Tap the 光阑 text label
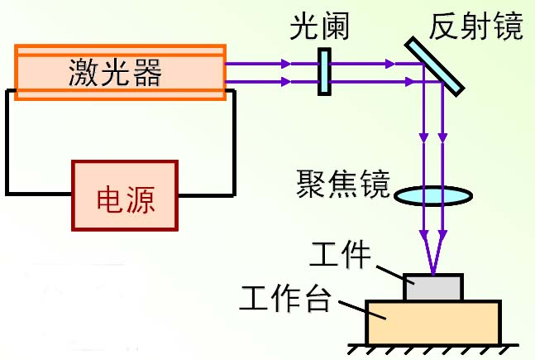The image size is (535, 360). (319, 27)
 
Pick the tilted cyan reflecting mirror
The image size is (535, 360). (435, 64)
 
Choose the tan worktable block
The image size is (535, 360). (433, 322)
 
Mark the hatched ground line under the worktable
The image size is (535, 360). (434, 348)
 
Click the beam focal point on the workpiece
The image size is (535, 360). (432, 273)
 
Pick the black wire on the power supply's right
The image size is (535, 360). (233, 149)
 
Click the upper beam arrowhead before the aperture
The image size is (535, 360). (285, 64)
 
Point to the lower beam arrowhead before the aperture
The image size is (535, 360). (285, 82)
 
